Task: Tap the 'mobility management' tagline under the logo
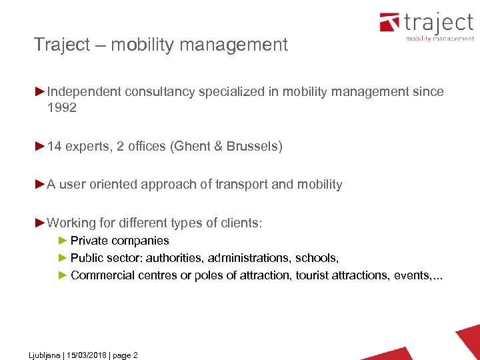440,39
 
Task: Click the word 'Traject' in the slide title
61,45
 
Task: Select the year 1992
62,107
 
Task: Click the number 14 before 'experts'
55,146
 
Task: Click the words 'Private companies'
120,241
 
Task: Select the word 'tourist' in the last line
313,275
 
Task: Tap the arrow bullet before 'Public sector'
63,258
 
